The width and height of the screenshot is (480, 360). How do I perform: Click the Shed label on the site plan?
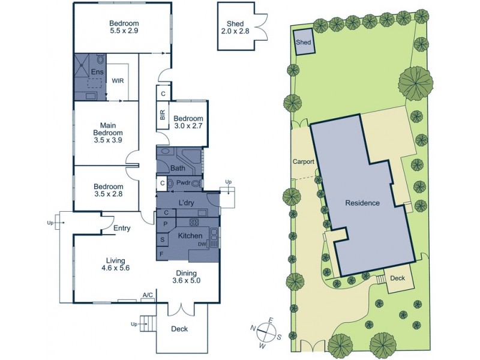coord(304,43)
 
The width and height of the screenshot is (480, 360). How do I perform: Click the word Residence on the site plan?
coord(362,203)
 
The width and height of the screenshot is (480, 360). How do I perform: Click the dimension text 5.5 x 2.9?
coord(124,31)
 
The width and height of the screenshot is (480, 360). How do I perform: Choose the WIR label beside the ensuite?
coord(118,81)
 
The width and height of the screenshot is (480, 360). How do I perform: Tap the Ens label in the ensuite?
coord(97,72)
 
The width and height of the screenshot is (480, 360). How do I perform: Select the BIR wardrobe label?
coord(163,116)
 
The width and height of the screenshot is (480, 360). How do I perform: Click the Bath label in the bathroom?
coord(178,168)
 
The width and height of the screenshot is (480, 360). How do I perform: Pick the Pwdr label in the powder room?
coord(183,182)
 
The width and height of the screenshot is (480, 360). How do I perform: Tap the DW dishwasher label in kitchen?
coord(202,244)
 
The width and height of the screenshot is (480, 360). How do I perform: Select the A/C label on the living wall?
coord(148,295)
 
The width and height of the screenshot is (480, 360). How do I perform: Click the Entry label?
coord(121,228)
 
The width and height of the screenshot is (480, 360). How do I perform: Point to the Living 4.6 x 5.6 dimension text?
coord(115,269)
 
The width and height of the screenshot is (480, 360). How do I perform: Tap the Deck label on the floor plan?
coord(179,329)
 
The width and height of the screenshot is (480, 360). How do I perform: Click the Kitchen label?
coord(190,236)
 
